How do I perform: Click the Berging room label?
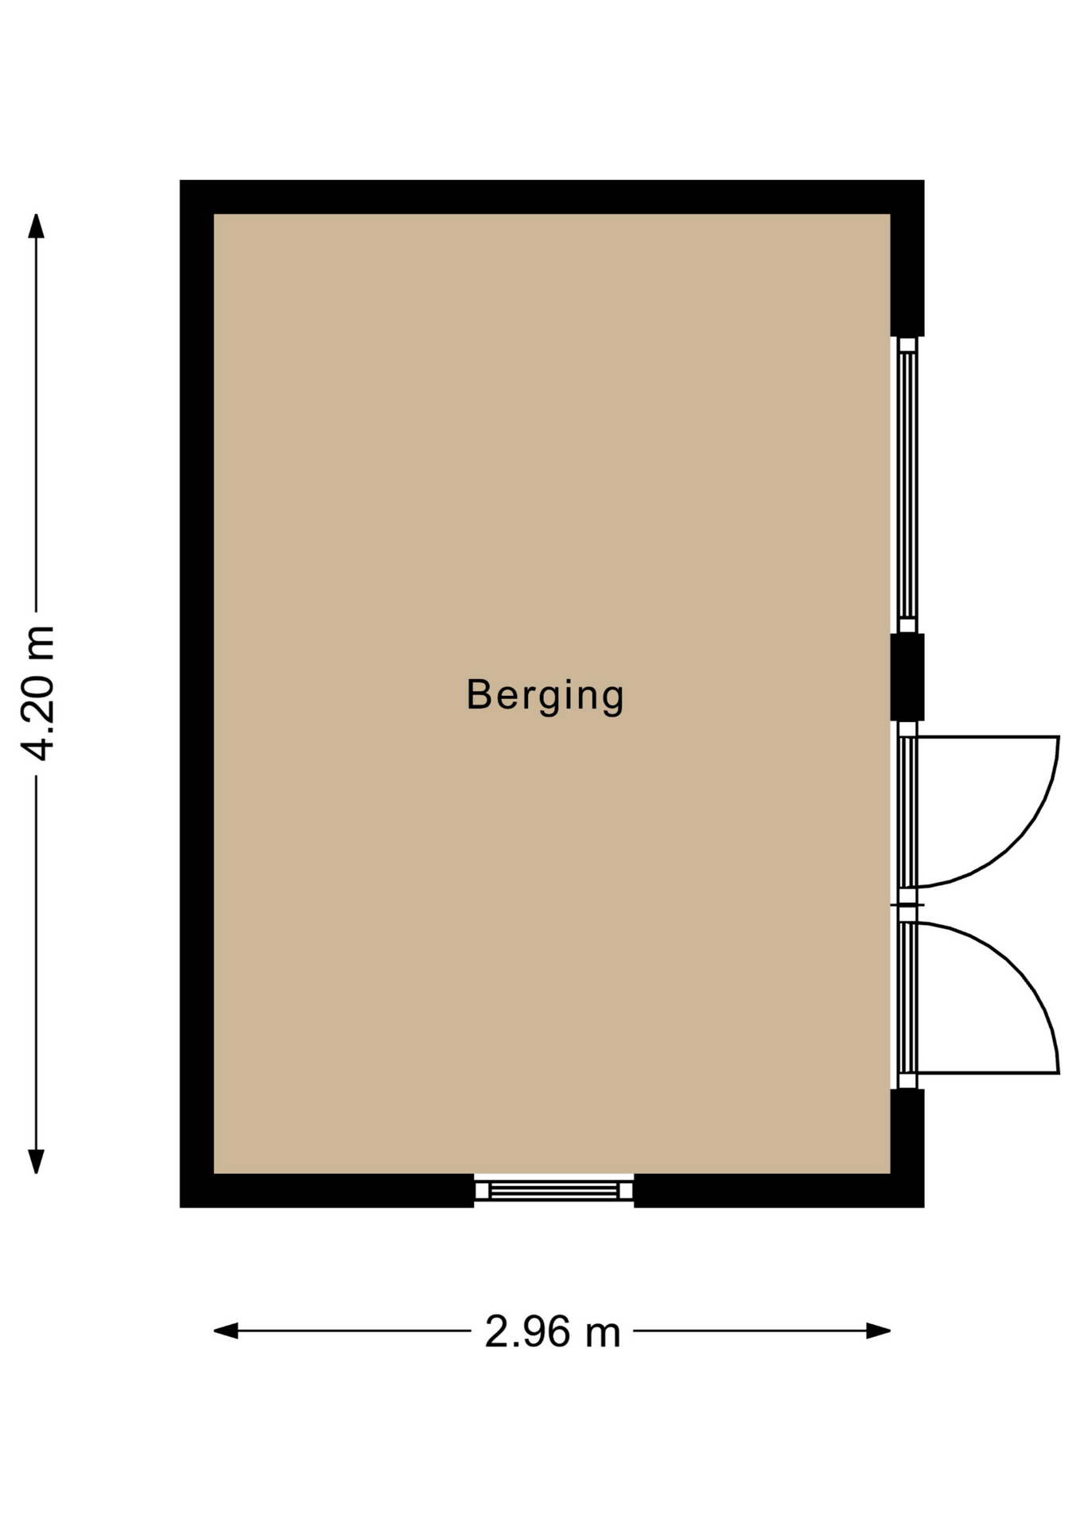tap(545, 696)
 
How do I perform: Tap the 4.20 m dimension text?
tap(37, 693)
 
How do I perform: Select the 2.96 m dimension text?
tap(553, 1331)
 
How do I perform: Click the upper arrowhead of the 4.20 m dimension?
tap(36, 226)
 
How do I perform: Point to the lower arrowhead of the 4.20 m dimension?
tap(36, 1161)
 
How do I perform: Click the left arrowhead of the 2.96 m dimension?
tap(226, 1331)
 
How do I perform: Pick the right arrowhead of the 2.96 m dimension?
tap(878, 1331)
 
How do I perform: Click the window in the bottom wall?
tap(554, 1190)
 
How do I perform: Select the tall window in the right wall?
tap(907, 485)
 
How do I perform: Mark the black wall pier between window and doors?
tap(907, 678)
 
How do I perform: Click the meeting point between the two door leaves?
tap(907, 905)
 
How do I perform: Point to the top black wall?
tap(552, 196)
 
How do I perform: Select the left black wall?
tap(196, 694)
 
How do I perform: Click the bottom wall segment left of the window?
tap(327, 1191)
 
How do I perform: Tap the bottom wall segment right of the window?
tap(779, 1191)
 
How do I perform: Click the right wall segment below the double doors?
tap(907, 1148)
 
